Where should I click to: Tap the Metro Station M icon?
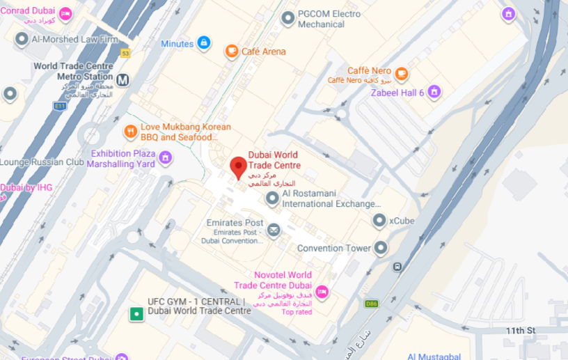coord(123,79)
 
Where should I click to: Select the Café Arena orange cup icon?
coord(231,51)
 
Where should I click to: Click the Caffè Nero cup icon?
coord(401,73)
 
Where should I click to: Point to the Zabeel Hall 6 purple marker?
coord(434,91)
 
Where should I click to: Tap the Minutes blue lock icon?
coord(203,43)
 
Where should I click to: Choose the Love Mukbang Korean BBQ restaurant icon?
coord(130,131)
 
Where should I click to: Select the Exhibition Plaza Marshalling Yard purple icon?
coord(165,157)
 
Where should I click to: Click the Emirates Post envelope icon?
coord(274,228)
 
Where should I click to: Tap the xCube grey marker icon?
coord(379,221)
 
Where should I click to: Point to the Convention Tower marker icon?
coord(381,247)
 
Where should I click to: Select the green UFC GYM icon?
coord(137,315)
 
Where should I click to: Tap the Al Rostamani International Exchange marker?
coord(273,199)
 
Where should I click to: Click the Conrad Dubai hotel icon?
coord(65,13)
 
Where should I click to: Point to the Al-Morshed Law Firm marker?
coord(21,39)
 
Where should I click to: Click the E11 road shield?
coord(60,106)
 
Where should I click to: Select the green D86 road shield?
coord(371,304)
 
